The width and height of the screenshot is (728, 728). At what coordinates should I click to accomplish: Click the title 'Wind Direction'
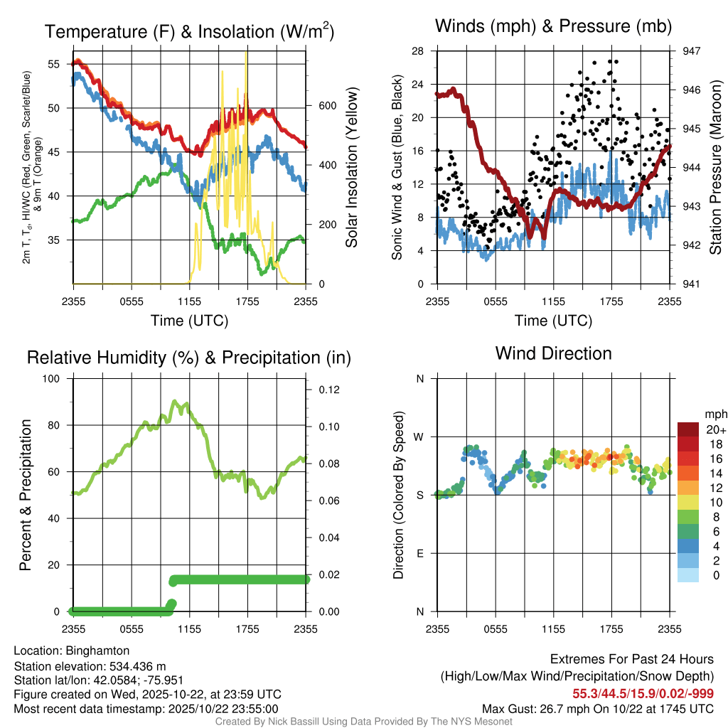click(553, 353)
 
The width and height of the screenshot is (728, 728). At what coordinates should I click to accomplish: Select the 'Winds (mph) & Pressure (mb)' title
click(553, 27)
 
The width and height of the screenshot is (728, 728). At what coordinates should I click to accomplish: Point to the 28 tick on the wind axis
click(418, 51)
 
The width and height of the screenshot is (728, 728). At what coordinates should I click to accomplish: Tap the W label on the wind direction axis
click(419, 437)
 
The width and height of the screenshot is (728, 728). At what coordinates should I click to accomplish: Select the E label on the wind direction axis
click(419, 553)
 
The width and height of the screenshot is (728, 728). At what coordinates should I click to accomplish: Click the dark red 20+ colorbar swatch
click(690, 429)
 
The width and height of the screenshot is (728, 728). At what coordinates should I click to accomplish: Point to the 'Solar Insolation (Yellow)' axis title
click(352, 167)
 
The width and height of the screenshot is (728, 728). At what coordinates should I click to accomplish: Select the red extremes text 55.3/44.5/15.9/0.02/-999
click(643, 693)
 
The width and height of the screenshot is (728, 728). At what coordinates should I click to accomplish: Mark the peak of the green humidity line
click(175, 402)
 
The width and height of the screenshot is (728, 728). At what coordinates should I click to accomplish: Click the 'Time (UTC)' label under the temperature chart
click(189, 321)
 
